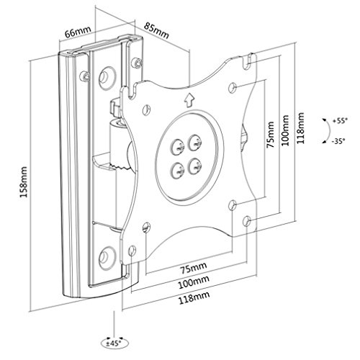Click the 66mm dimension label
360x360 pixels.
(78, 31)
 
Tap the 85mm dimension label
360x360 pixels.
(156, 30)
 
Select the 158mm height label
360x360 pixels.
(24, 182)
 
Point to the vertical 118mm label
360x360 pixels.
(300, 128)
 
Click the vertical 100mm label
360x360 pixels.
(285, 130)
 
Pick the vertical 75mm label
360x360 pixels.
(271, 135)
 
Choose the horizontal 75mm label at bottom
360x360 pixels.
(194, 268)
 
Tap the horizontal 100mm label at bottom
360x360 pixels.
(194, 283)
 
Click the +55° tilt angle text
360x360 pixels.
(340, 121)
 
